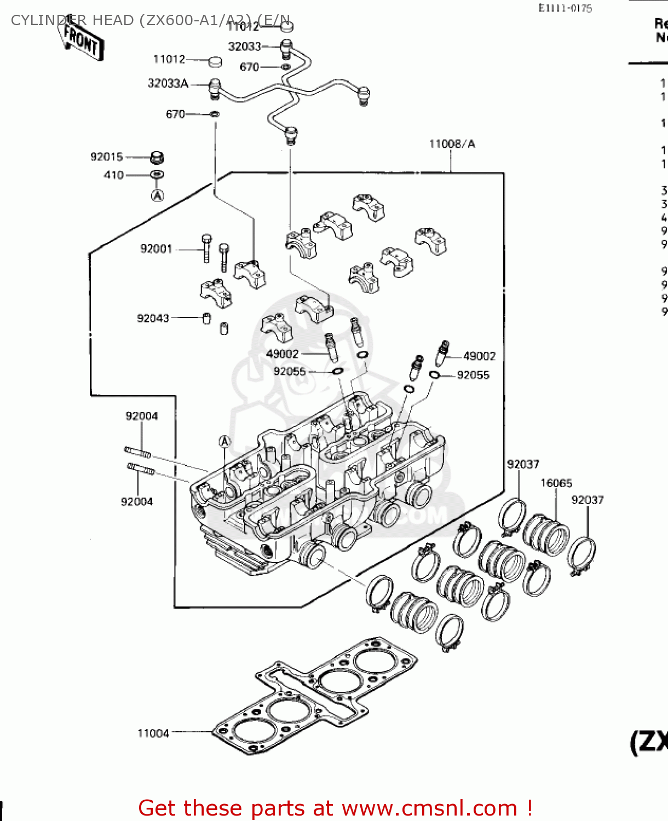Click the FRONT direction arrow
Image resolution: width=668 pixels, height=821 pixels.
pos(81,40)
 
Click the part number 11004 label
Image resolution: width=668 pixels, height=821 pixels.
pos(153,733)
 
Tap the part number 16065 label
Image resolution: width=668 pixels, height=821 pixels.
pos(556,483)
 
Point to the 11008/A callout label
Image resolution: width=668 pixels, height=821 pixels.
pos(452,144)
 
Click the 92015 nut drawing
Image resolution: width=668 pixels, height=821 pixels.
pos(157,158)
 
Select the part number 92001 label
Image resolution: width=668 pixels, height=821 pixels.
pos(156,249)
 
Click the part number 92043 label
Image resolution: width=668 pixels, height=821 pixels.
pos(153,319)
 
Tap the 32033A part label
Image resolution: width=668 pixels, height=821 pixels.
pos(168,84)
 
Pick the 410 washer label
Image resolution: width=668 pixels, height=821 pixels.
pos(113,175)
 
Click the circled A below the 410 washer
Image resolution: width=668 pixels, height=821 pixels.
pos(157,195)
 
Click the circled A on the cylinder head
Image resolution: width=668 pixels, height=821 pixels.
pos(224,442)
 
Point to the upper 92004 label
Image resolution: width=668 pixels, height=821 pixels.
pos(141,416)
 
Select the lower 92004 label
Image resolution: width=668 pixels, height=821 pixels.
pos(137,502)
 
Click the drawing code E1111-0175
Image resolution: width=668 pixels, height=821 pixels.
pos(565,8)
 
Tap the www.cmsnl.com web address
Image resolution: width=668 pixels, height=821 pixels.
pos(429,808)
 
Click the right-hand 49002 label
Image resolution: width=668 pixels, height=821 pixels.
pos(479,356)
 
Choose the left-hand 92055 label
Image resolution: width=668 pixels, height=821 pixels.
pos(289,372)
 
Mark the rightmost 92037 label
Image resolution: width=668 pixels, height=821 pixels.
pos(587,500)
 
